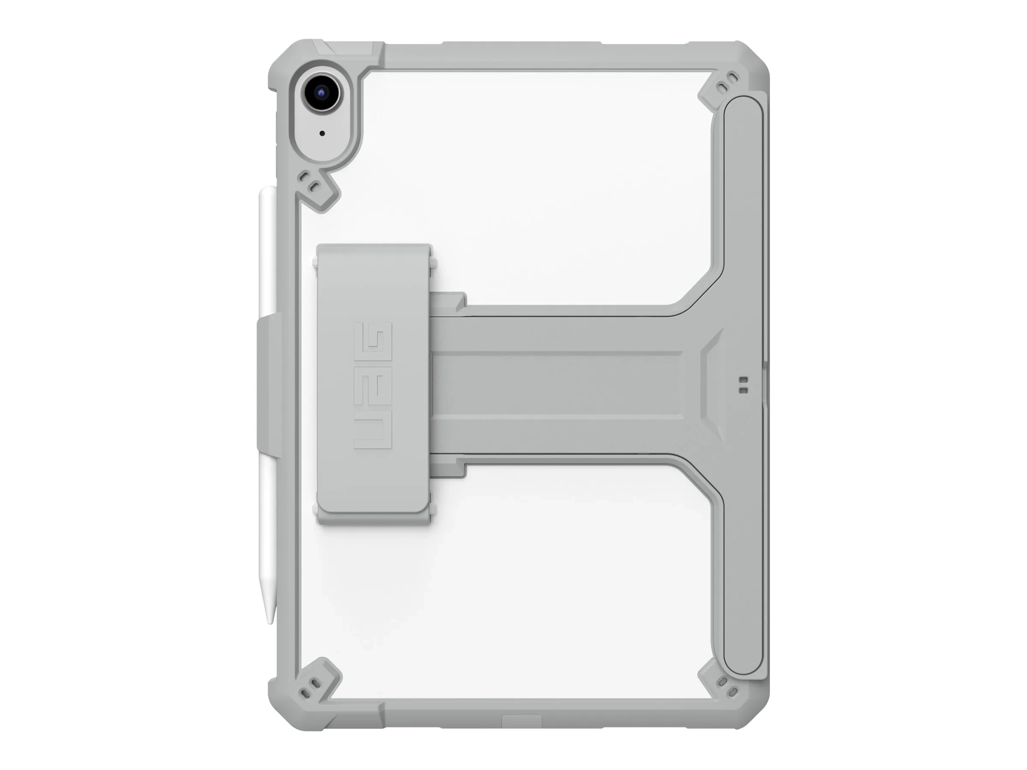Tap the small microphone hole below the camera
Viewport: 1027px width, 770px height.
[x=322, y=133]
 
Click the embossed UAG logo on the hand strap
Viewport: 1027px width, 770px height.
[x=373, y=386]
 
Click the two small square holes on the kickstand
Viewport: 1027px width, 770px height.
[x=743, y=385]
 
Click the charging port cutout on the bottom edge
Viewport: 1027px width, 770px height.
[x=522, y=721]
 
